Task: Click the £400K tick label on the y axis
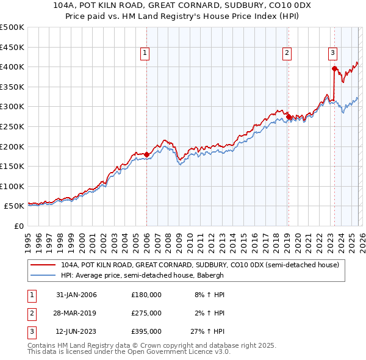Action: coord(12,67)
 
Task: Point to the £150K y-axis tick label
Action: coord(12,166)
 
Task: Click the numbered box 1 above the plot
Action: coord(145,54)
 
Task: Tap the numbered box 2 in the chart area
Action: coord(287,54)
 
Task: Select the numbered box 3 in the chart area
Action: coord(333,54)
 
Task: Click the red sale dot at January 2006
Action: coord(146,154)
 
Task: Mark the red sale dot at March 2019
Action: coord(288,117)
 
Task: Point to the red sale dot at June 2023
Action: coord(334,68)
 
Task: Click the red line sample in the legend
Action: coord(43,265)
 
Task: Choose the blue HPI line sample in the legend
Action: coord(43,275)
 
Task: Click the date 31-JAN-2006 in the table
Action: coord(76,295)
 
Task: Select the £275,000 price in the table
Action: coord(146,313)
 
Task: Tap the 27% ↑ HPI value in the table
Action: coord(209,331)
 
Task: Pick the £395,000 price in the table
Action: coord(146,331)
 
